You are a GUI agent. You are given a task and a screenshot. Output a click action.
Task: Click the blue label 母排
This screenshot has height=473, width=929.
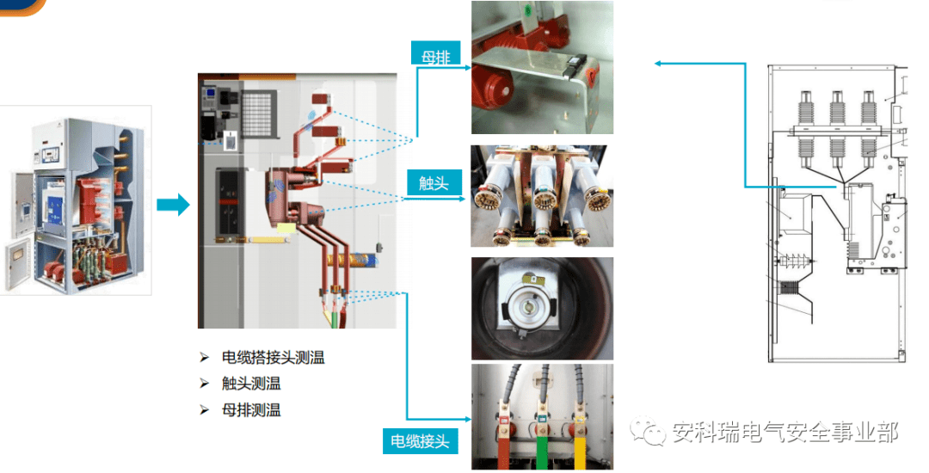tap(435, 54)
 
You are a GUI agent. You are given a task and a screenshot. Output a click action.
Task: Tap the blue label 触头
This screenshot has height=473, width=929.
tap(434, 182)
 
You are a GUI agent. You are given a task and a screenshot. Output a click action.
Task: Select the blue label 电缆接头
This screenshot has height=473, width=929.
tap(420, 441)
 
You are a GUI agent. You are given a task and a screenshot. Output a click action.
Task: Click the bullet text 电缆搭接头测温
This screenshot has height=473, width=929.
tap(274, 358)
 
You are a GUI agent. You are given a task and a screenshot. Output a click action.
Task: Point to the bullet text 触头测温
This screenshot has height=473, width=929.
tap(251, 384)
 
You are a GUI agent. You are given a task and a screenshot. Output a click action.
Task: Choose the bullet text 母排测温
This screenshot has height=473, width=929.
tap(251, 409)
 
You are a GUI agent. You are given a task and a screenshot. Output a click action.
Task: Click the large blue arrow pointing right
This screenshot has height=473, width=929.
tap(173, 205)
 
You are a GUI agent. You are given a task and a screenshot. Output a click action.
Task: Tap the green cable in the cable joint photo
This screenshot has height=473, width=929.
tap(542, 453)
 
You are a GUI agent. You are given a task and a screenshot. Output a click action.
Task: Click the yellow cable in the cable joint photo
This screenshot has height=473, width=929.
tap(578, 453)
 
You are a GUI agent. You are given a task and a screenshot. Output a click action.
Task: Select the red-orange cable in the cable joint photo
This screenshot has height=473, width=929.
tap(504, 453)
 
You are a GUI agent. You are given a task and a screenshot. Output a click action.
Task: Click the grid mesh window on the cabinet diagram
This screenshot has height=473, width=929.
tap(260, 115)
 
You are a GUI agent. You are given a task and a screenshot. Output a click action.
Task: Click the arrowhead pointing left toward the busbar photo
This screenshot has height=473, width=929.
tap(658, 64)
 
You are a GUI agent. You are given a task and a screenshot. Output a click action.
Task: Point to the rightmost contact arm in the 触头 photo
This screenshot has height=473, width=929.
tap(594, 194)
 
